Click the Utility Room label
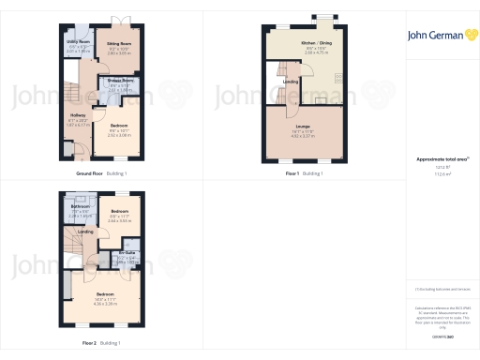79,42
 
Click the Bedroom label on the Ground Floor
118,125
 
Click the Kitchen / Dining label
315,43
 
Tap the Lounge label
302,125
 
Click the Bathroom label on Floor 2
80,206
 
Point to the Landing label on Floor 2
85,232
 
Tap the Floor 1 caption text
292,174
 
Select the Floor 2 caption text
89,343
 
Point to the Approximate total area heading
441,160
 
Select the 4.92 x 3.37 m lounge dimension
302,136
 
